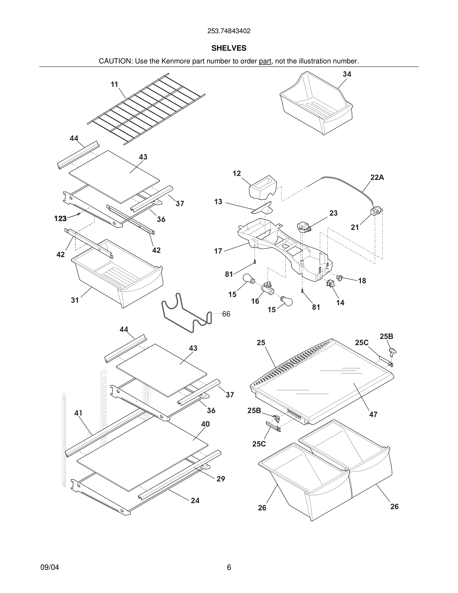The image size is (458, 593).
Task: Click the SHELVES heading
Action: [x=229, y=48]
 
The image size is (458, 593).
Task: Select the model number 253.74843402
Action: [x=229, y=31]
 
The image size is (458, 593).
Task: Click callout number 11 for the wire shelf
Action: [x=114, y=84]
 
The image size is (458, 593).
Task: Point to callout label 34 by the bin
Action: [x=347, y=74]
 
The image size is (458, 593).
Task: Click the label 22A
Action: [x=377, y=177]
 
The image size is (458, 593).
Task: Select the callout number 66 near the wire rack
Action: [x=226, y=314]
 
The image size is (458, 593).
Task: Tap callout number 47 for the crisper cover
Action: [x=373, y=415]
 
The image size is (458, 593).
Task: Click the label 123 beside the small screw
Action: [x=61, y=219]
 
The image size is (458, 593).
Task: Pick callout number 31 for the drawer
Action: [x=75, y=300]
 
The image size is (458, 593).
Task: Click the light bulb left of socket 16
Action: [x=248, y=279]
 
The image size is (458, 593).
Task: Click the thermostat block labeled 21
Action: [x=376, y=211]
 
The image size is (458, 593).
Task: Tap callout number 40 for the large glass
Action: [x=205, y=424]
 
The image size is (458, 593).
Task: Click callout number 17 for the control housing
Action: [x=218, y=251]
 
